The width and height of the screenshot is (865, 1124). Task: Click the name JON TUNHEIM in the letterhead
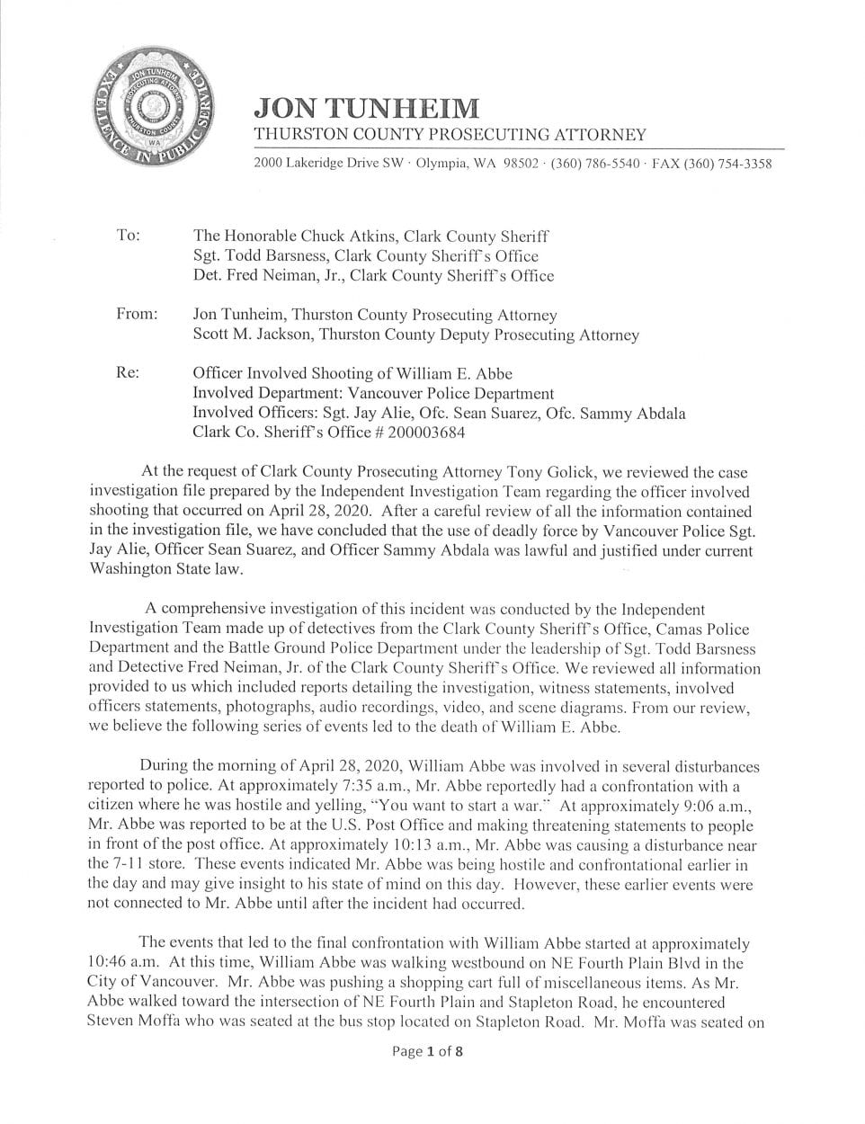click(366, 108)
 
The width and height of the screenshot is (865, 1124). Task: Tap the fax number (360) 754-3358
click(727, 164)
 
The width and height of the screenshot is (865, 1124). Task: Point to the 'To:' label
click(129, 236)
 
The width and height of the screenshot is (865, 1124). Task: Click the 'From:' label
click(137, 315)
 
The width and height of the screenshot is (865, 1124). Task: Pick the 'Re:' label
click(128, 372)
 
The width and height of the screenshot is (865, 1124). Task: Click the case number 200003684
click(423, 433)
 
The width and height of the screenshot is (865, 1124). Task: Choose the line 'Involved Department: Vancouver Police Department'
click(373, 393)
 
